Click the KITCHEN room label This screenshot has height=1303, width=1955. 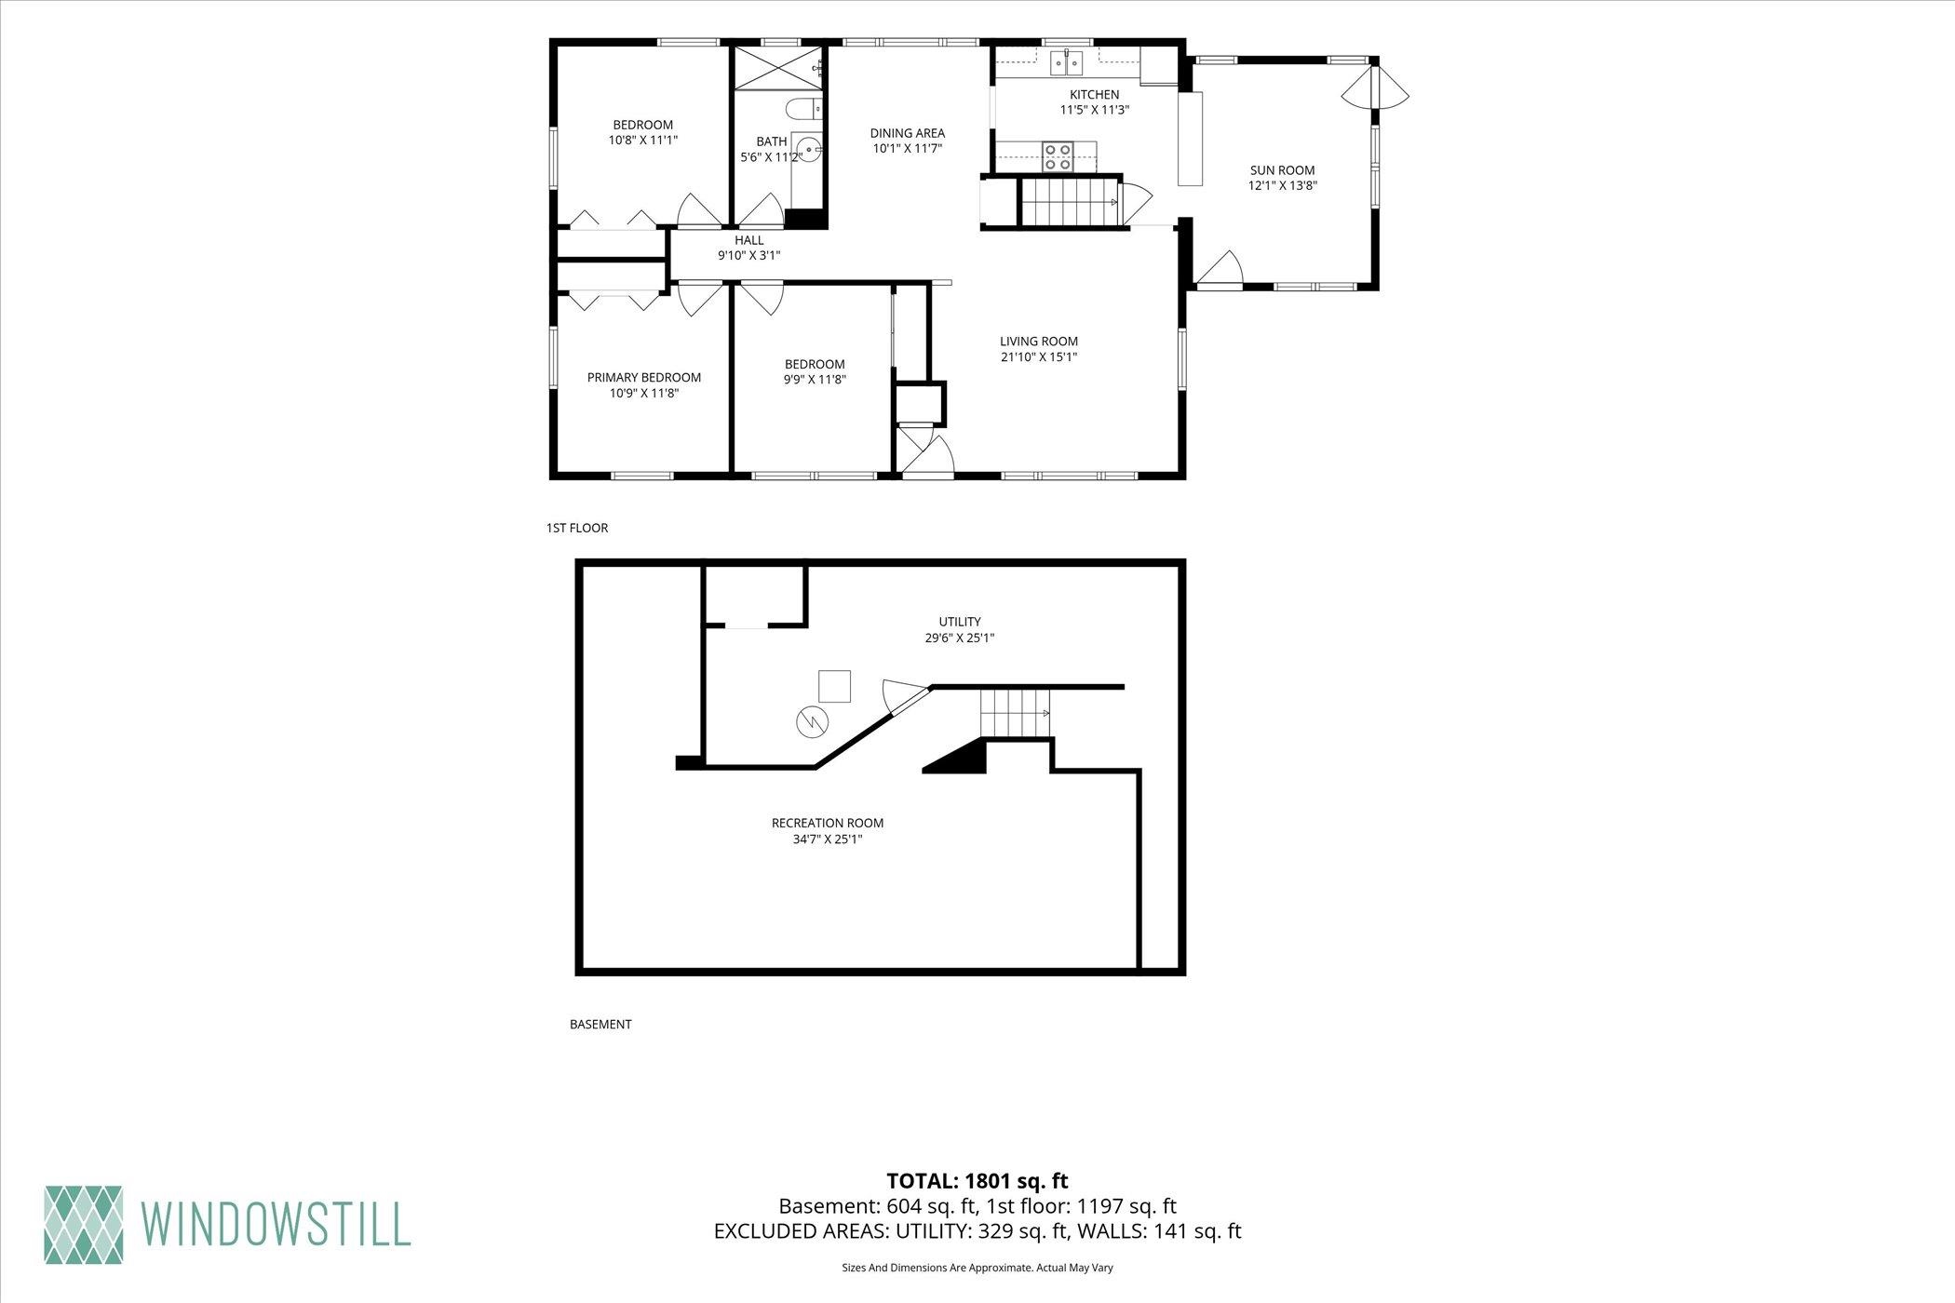(1094, 94)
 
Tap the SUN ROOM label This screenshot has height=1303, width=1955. (1282, 170)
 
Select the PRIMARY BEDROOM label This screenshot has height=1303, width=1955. (643, 377)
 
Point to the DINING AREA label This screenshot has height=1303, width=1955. (907, 133)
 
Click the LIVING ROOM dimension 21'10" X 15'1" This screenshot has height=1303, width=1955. (1039, 356)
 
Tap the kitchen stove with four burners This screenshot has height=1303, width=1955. (1058, 156)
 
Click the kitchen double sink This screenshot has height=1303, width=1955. (1067, 62)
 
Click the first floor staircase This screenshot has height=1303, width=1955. (1071, 202)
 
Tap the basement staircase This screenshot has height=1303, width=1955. (1015, 712)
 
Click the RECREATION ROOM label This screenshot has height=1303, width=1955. (828, 823)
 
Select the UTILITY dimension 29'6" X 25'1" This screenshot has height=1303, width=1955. (960, 638)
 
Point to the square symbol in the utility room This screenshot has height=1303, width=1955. (834, 686)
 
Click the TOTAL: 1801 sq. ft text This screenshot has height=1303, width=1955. (977, 1181)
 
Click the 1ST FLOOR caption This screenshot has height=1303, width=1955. (577, 528)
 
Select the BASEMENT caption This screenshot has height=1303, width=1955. (600, 1024)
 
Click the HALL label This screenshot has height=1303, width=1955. (749, 240)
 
